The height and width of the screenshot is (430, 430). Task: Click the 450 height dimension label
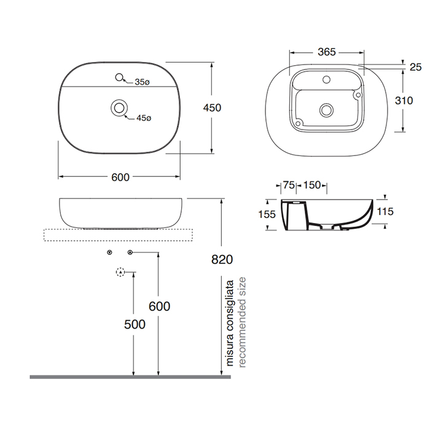pyautogui.click(x=212, y=107)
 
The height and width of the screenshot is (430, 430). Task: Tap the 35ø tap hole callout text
pyautogui.click(x=142, y=82)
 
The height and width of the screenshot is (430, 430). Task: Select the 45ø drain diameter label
pyautogui.click(x=144, y=118)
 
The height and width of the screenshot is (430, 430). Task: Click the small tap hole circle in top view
pyautogui.click(x=119, y=77)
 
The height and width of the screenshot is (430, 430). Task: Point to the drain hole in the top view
pyautogui.click(x=119, y=107)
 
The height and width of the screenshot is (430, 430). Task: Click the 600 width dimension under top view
pyautogui.click(x=120, y=178)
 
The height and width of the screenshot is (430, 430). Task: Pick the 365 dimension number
pyautogui.click(x=327, y=52)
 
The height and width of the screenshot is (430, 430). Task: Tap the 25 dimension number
pyautogui.click(x=415, y=67)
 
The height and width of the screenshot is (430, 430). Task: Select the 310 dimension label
pyautogui.click(x=404, y=101)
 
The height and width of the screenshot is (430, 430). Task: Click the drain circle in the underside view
pyautogui.click(x=326, y=110)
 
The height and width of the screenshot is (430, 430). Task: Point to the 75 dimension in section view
pyautogui.click(x=289, y=185)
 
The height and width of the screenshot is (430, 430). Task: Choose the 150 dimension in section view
pyautogui.click(x=312, y=185)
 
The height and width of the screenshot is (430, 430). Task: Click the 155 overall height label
pyautogui.click(x=267, y=214)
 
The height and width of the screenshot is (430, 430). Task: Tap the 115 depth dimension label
pyautogui.click(x=385, y=211)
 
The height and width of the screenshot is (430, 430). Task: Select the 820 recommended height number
pyautogui.click(x=222, y=259)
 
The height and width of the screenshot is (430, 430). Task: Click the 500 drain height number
pyautogui.click(x=135, y=324)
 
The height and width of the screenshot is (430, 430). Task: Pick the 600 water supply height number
pyautogui.click(x=159, y=306)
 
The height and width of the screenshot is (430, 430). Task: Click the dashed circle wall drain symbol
pyautogui.click(x=120, y=272)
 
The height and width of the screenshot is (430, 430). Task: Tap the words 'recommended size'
pyautogui.click(x=242, y=322)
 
